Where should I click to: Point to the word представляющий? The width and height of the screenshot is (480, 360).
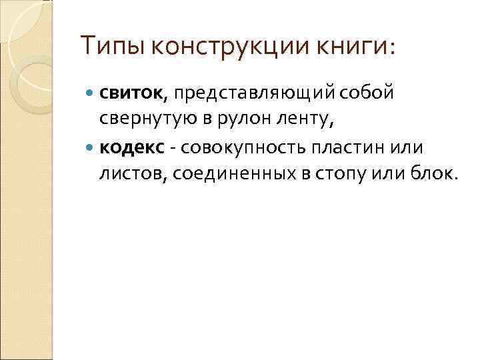[x=257, y=93]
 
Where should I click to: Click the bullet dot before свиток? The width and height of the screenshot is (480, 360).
[x=91, y=94]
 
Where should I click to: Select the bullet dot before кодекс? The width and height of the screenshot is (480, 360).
[x=91, y=147]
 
